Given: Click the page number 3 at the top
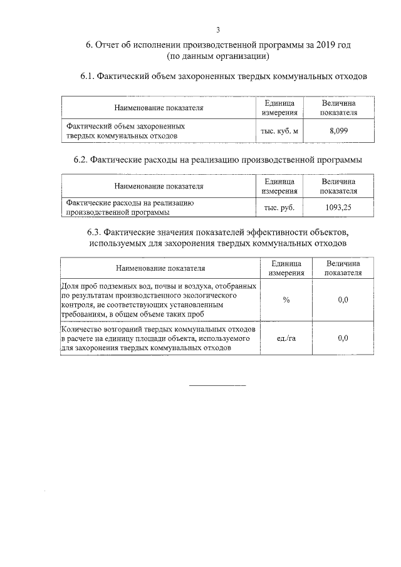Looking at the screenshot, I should tap(218, 29).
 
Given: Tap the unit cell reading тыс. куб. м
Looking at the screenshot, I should tap(279, 131).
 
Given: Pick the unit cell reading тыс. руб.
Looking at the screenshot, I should tap(279, 207).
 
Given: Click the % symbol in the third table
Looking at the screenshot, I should tap(286, 300).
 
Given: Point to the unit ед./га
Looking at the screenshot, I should tap(286, 338).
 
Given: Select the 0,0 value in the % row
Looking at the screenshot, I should tap(343, 300).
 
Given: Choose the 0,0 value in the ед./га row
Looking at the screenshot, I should tap(343, 338).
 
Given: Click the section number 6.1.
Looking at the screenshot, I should tap(87, 77).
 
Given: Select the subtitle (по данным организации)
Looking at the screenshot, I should tap(218, 56).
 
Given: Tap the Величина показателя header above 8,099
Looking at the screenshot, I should tap(338, 108).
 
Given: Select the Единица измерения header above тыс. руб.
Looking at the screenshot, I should tap(279, 186).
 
